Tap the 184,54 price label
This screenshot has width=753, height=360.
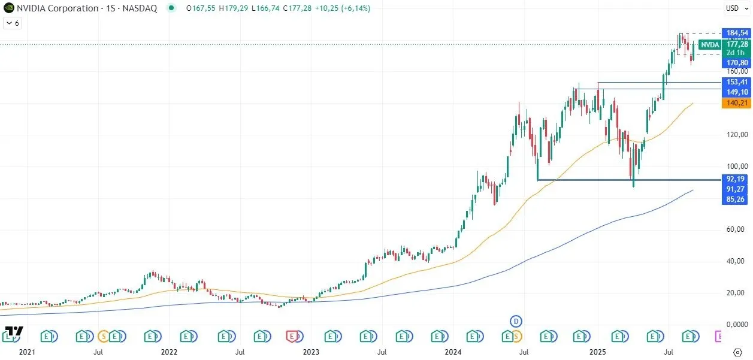coord(736,32)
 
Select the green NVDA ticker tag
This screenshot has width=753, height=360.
coord(710,45)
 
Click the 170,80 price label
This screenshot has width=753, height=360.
coord(736,62)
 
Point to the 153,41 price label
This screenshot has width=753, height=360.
coord(736,82)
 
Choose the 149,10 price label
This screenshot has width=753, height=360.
coord(736,92)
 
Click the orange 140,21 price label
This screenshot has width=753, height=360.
coord(736,103)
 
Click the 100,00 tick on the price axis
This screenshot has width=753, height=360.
coord(736,167)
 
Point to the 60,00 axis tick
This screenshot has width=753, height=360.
coord(736,229)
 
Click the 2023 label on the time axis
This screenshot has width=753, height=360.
coord(310,352)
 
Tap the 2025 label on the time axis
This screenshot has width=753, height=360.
coord(598,352)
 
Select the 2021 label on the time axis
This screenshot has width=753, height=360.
coord(28,352)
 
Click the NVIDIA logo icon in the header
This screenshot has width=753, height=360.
coord(8,8)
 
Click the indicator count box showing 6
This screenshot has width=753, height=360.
coord(13,23)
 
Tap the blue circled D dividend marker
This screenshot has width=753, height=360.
coord(515,322)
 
